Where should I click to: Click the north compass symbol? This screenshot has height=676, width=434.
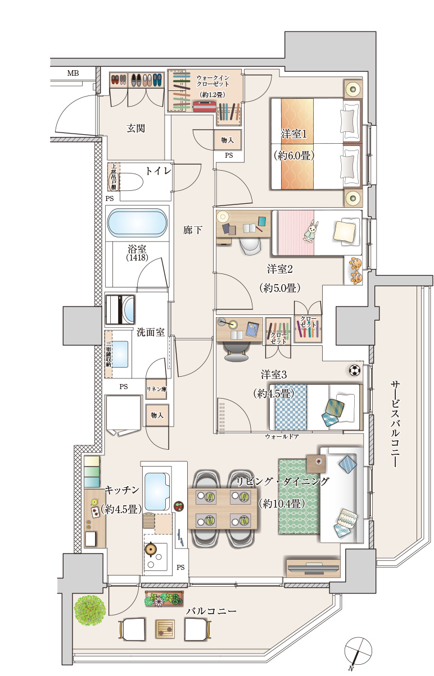click(358, 651)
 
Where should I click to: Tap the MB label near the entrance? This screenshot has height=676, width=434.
click(73, 73)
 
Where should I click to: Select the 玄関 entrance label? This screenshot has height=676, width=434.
click(135, 129)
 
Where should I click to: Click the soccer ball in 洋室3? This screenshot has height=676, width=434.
click(354, 371)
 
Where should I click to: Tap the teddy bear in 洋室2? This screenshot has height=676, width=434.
click(355, 271)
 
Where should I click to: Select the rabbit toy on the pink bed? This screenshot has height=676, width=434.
click(311, 230)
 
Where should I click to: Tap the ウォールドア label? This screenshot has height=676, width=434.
click(282, 436)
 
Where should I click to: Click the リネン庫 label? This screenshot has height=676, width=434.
click(156, 389)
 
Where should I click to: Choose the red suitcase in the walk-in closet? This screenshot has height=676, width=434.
click(203, 107)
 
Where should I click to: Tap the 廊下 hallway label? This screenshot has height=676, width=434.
click(191, 230)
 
